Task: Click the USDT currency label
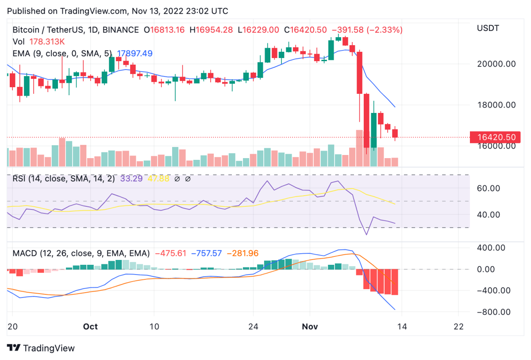[x=489, y=29]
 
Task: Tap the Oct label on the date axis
[x=90, y=326]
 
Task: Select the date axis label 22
[x=459, y=326]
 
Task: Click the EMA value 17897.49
[x=135, y=53]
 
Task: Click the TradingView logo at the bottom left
[x=41, y=348]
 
